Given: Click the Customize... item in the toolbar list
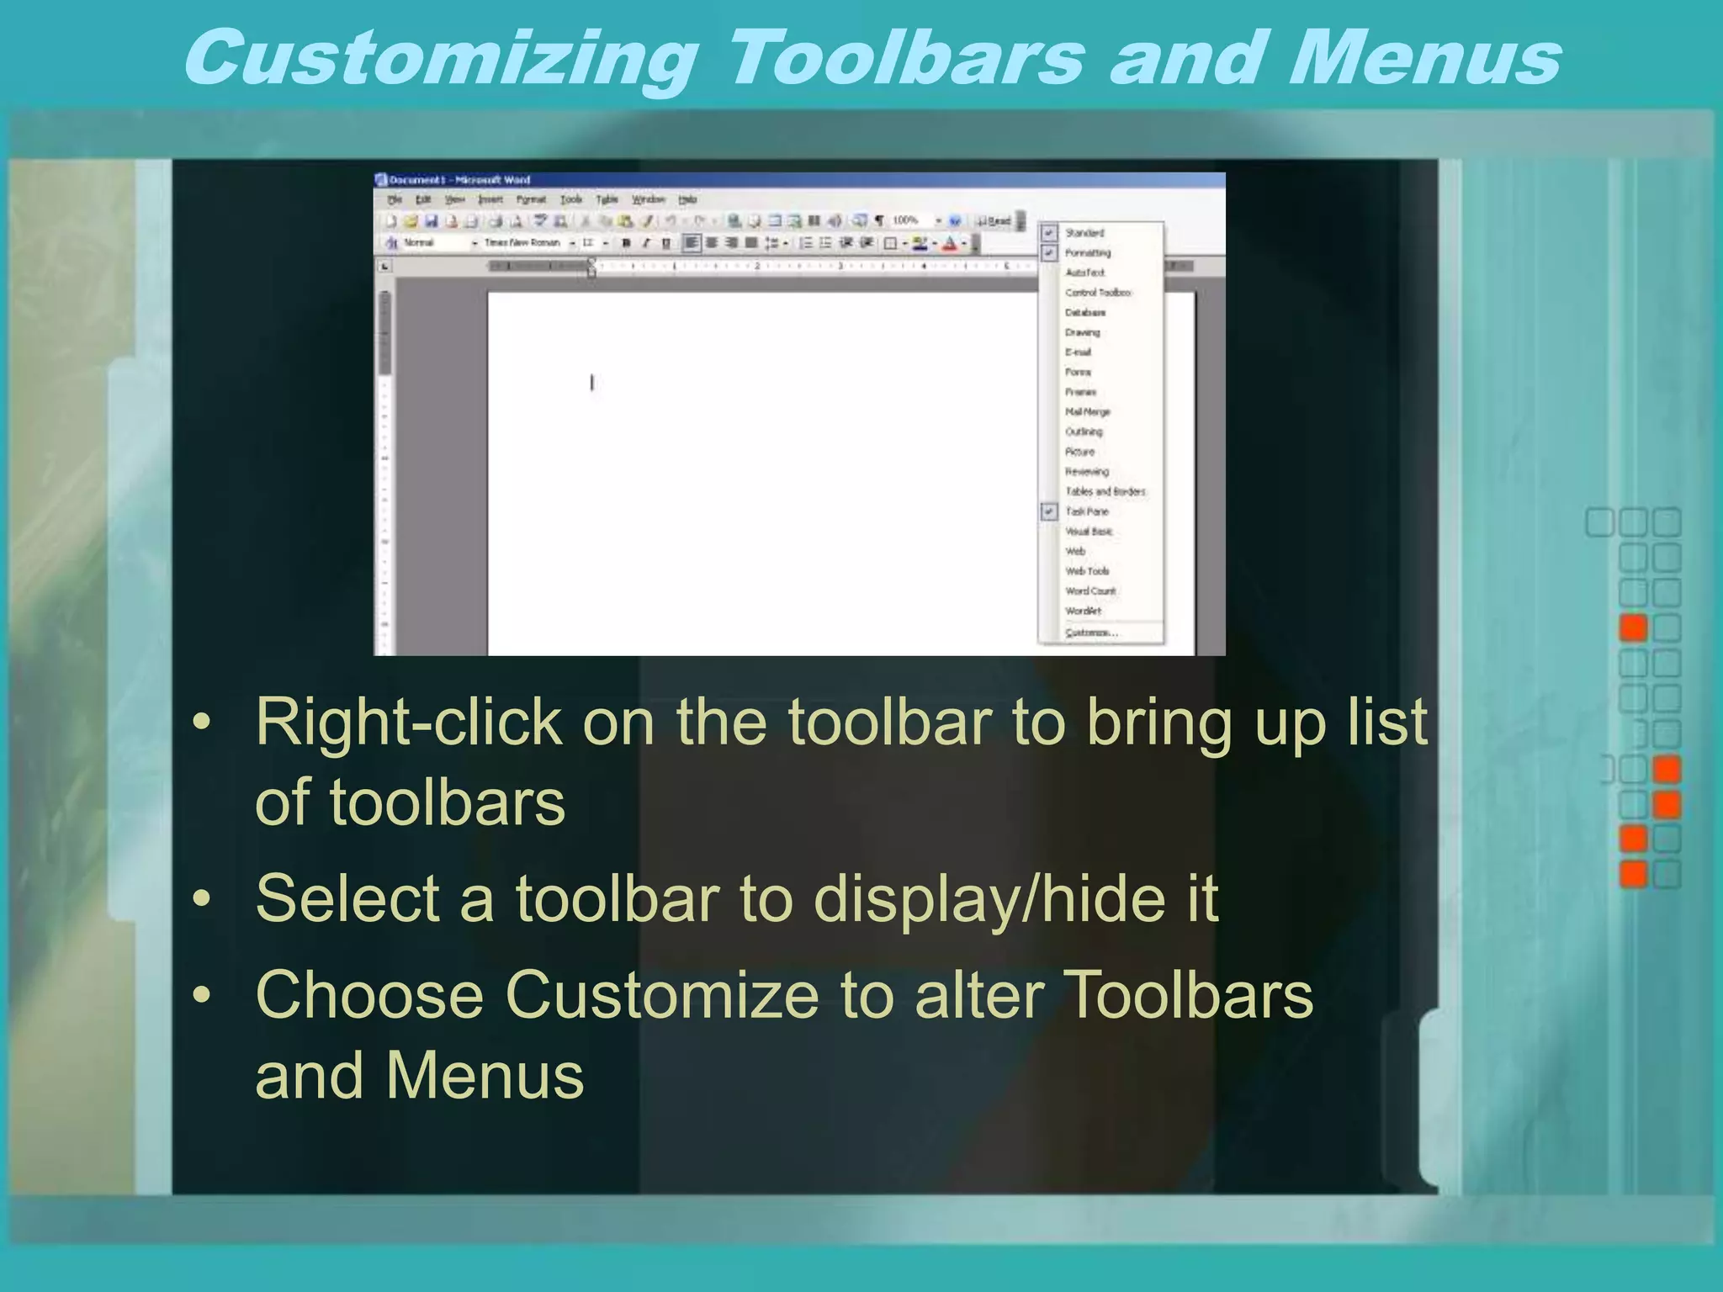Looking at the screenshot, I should (1091, 633).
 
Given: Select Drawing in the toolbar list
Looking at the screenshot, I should (1083, 332).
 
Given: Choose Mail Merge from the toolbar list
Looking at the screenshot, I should (1088, 411).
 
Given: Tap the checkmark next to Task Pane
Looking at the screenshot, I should (1049, 511).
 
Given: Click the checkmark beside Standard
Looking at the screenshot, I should (1049, 233).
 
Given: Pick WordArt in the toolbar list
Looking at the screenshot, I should (1083, 611).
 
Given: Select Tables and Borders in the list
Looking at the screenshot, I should (1105, 491).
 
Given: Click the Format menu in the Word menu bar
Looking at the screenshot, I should (531, 200).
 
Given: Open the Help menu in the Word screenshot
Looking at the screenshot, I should (687, 200).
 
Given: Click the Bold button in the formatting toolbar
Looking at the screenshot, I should (626, 243).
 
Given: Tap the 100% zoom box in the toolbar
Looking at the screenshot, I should (905, 220).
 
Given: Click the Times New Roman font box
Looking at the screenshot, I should (522, 243).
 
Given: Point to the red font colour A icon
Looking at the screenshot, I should (950, 244).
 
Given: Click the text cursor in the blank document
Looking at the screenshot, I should (592, 383).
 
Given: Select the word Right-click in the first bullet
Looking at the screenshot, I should (408, 722).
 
